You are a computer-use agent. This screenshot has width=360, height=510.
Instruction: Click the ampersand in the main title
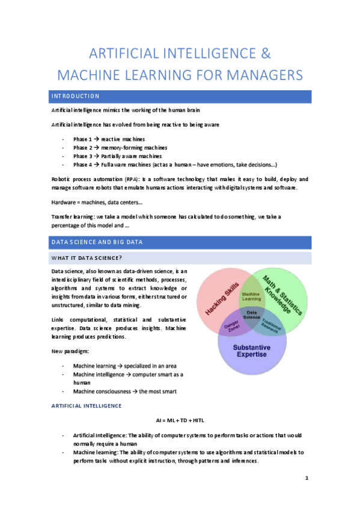266,54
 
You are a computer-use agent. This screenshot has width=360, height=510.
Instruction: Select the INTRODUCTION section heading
76,96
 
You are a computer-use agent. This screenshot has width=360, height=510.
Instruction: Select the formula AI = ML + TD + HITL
180,421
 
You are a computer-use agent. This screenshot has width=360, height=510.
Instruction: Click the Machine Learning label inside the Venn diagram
251,296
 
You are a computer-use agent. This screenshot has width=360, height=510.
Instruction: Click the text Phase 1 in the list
83,140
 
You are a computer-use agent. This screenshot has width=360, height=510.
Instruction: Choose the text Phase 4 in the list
83,164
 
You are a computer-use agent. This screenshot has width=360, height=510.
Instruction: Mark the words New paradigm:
70,351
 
